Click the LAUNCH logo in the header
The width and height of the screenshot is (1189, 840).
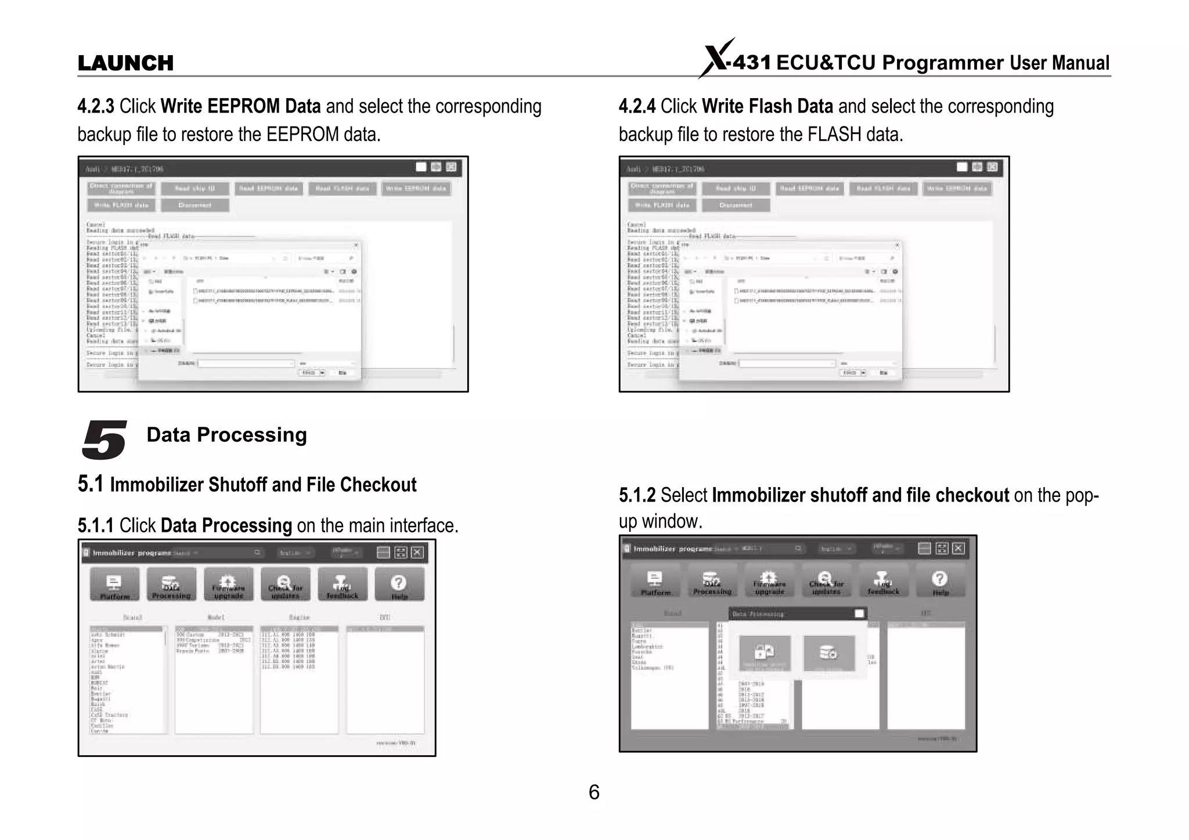click(125, 63)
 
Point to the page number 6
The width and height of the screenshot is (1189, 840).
click(594, 792)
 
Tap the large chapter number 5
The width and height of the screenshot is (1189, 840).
click(104, 439)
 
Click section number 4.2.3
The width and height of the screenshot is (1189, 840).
click(96, 106)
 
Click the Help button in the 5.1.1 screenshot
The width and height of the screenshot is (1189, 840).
click(399, 585)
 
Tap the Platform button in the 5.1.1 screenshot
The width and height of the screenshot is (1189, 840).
click(114, 585)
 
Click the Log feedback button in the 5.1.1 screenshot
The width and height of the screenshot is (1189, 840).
click(342, 585)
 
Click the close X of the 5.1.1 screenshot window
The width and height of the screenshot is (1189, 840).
click(417, 552)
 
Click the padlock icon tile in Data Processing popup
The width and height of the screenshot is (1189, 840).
click(765, 653)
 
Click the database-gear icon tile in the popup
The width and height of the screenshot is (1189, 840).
click(828, 653)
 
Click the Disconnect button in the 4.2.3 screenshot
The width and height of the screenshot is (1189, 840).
click(195, 205)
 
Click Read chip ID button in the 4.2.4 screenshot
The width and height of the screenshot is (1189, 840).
click(735, 189)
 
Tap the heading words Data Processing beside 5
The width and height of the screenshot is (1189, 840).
click(226, 435)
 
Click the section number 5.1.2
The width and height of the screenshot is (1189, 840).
click(637, 496)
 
